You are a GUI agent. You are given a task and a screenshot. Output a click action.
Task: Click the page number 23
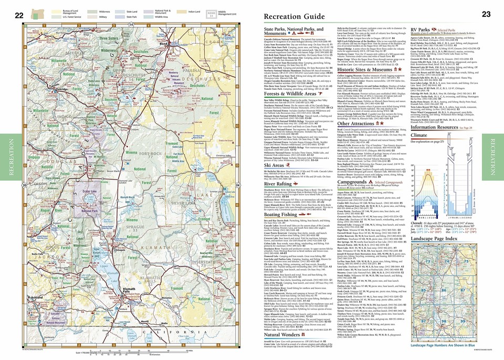tap(485, 15)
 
